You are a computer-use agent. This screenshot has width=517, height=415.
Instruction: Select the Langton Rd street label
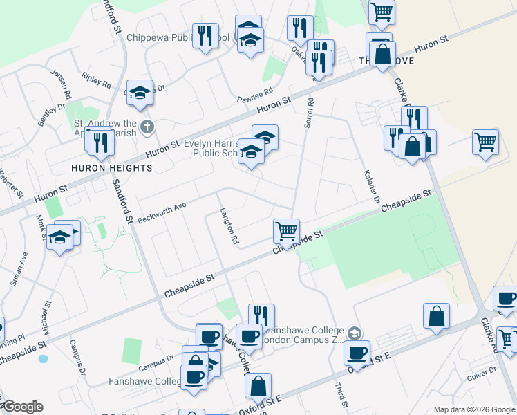[x=229, y=227]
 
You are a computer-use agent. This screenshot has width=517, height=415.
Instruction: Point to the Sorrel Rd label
[x=308, y=111]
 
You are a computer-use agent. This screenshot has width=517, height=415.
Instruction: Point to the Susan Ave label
[x=19, y=268]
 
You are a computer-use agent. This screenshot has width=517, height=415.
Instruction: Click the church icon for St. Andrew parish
[x=146, y=127]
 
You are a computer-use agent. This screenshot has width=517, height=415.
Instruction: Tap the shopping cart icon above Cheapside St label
[x=286, y=230]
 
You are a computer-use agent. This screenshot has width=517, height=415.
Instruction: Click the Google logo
[x=22, y=407]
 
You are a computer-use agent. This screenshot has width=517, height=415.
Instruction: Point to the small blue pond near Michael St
[x=44, y=359]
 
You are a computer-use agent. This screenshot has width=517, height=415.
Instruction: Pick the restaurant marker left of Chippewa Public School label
[x=205, y=35]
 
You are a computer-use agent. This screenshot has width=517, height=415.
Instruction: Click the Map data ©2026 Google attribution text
[x=473, y=409]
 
